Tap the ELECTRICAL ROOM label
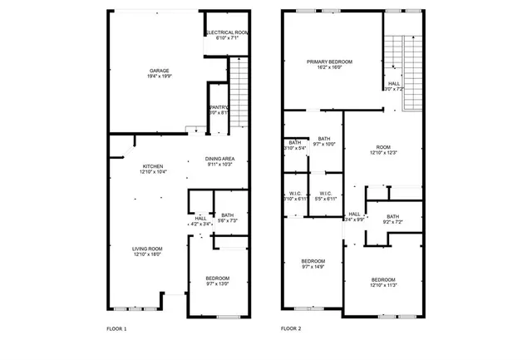tap(227, 35)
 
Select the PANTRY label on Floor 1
tap(219, 111)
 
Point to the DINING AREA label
tap(220, 161)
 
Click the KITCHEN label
tap(153, 169)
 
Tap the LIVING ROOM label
tap(147, 252)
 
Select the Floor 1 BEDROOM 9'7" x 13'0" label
tap(218, 281)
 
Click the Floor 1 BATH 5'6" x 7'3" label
tap(227, 218)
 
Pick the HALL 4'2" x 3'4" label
tap(200, 221)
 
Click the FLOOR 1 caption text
tap(116, 329)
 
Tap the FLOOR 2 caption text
tap(291, 329)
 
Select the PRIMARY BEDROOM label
tap(329, 65)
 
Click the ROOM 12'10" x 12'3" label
tap(383, 150)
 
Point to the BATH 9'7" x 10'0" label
tap(323, 141)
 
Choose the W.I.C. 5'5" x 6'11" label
tap(325, 196)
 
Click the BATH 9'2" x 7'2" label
tap(392, 219)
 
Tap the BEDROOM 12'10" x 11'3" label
tap(383, 282)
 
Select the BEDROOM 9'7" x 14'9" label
tap(313, 264)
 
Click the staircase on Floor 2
tap(411, 73)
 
